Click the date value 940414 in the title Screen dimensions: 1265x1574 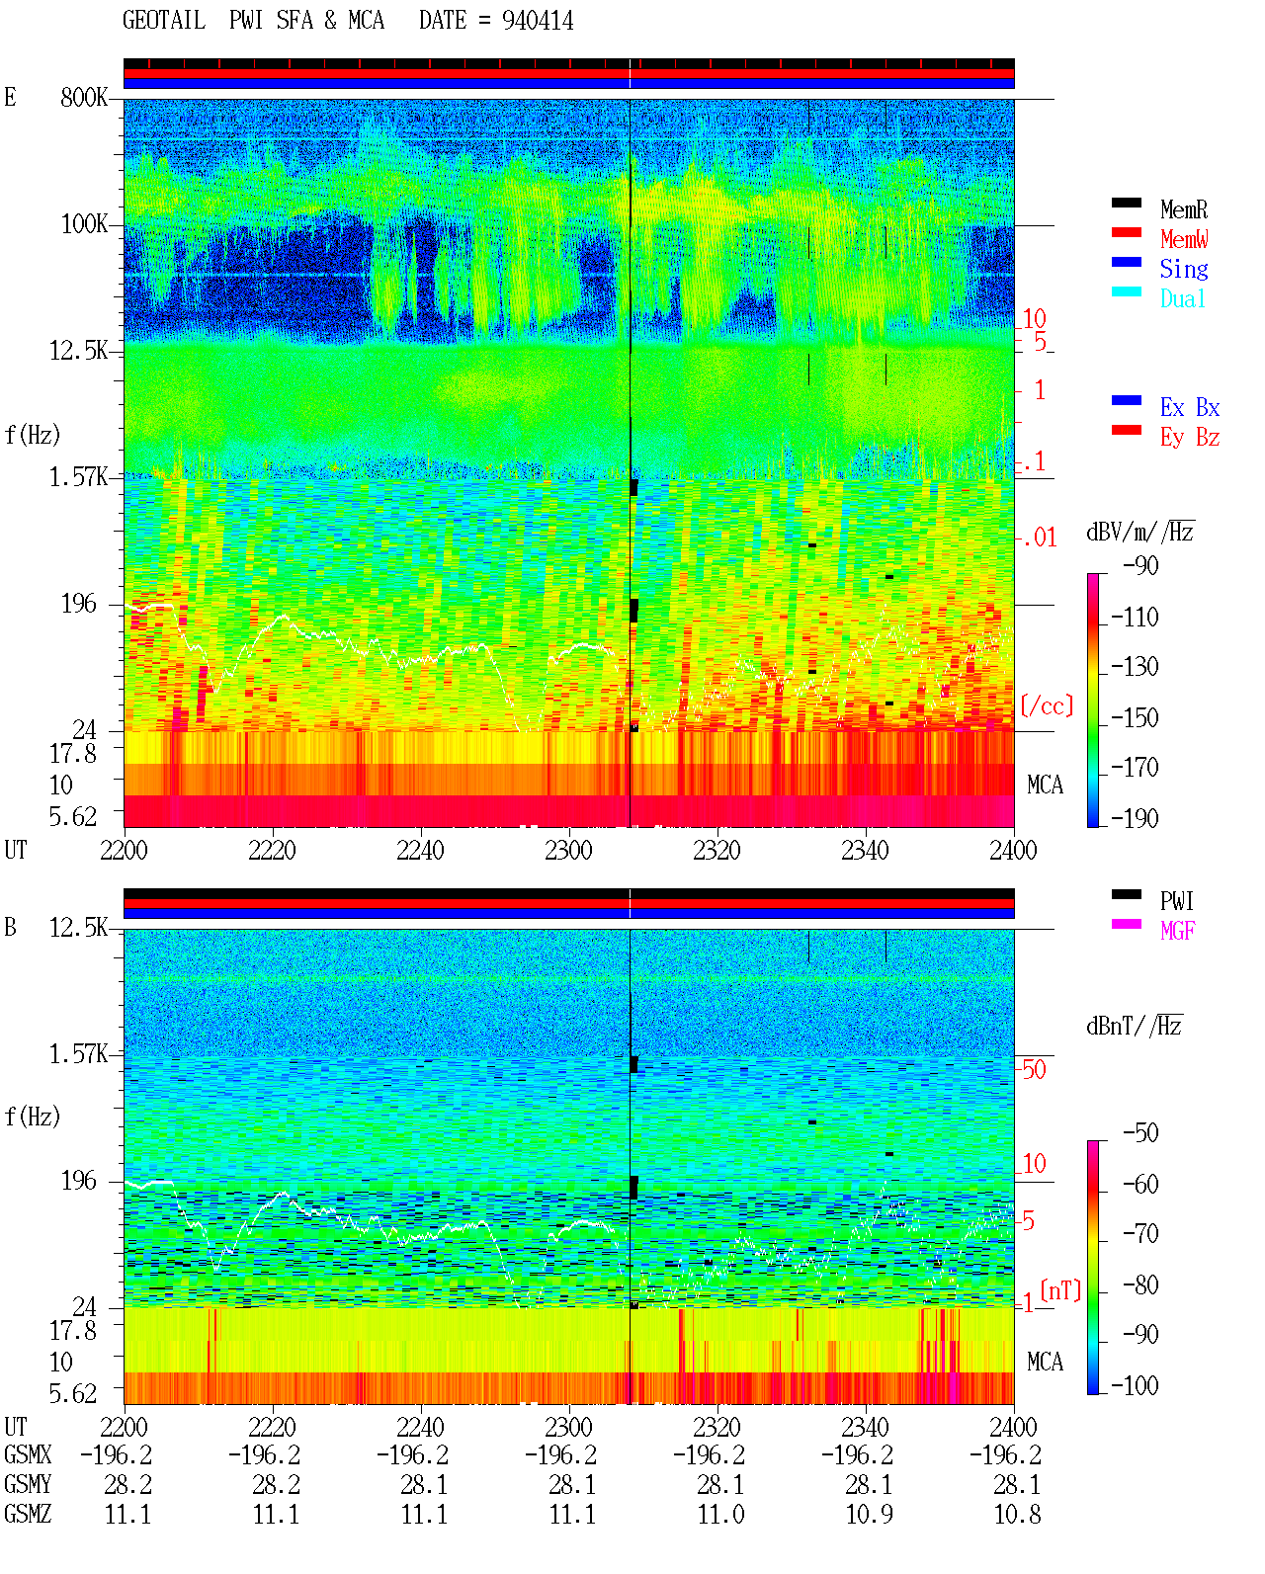[x=538, y=21]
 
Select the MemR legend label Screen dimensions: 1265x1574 [x=1184, y=209]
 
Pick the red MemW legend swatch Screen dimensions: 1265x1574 [x=1126, y=232]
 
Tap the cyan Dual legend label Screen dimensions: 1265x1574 [x=1183, y=299]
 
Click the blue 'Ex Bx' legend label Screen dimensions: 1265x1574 [x=1190, y=407]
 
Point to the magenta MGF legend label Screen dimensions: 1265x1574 [x=1178, y=931]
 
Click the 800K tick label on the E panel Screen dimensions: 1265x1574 [x=84, y=98]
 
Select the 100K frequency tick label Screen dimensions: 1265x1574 [x=84, y=224]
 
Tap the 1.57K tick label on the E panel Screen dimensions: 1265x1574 [x=78, y=477]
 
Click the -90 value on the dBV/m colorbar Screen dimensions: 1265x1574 [x=1140, y=565]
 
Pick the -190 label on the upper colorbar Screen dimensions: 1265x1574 [x=1135, y=818]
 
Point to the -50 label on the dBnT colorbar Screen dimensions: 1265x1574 [x=1140, y=1133]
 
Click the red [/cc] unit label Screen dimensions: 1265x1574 [x=1047, y=705]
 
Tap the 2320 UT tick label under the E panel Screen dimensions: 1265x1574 [x=717, y=851]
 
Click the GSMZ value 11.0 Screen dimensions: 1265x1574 [x=720, y=1514]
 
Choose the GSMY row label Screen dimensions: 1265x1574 [x=28, y=1484]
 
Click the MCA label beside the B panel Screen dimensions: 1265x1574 [x=1045, y=1362]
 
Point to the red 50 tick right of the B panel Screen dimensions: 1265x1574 [x=1034, y=1069]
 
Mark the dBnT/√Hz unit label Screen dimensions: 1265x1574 [x=1135, y=1026]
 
